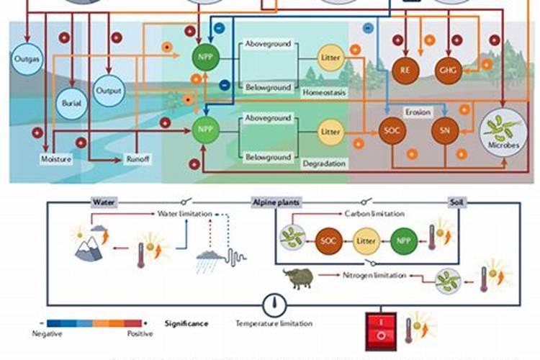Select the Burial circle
(x=71, y=102)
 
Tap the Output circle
(x=110, y=91)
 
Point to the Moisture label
(x=56, y=159)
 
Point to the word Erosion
(x=418, y=112)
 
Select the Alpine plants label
(x=276, y=202)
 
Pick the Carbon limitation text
(x=374, y=214)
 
